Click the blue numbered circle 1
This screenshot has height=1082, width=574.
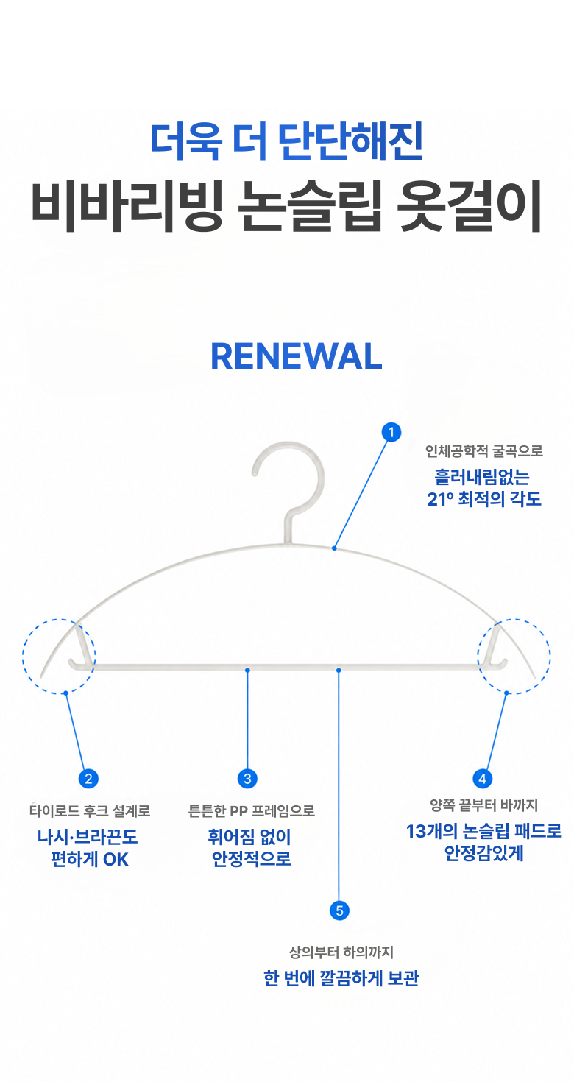(391, 432)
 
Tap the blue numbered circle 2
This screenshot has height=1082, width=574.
(88, 779)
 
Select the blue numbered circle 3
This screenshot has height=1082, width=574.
(247, 779)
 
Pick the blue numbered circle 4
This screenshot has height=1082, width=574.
(482, 779)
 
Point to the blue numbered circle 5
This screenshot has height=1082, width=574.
(339, 911)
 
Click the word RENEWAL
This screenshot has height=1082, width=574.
(297, 356)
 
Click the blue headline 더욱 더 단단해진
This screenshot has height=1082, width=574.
(287, 141)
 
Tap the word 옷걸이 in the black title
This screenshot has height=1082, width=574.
(469, 207)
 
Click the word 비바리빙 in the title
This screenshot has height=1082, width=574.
(127, 207)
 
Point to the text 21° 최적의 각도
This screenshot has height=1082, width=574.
(484, 499)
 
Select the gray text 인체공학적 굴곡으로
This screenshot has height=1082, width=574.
(483, 451)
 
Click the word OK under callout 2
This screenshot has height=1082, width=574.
(116, 860)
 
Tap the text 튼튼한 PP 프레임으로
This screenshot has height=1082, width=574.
(252, 811)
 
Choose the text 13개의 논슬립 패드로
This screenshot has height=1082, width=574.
(484, 831)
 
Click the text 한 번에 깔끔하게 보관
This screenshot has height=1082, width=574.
(341, 978)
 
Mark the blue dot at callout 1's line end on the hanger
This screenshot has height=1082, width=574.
(334, 548)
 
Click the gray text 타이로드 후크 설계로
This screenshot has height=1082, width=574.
(90, 811)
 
